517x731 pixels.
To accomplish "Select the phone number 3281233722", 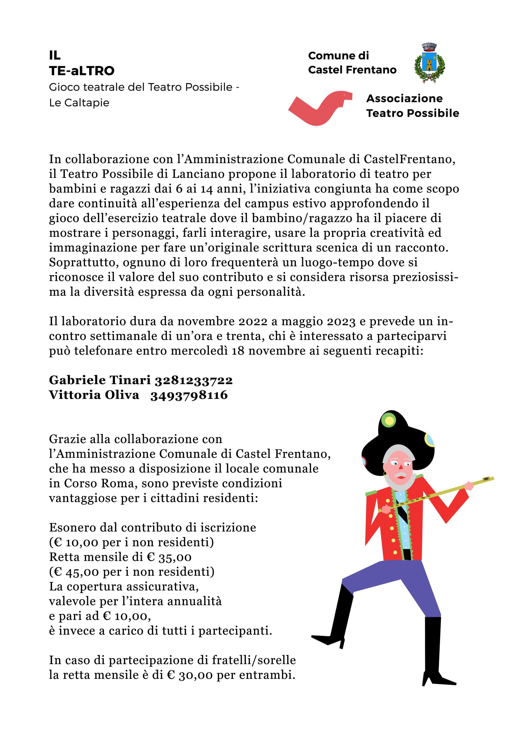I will point(194,380).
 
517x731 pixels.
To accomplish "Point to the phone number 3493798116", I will point(189,395).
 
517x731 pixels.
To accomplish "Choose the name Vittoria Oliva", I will point(94,395).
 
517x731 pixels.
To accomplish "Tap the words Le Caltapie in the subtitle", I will point(79,103).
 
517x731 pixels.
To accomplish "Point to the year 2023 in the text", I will point(340,322).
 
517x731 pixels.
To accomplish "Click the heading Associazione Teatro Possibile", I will point(412,106).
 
